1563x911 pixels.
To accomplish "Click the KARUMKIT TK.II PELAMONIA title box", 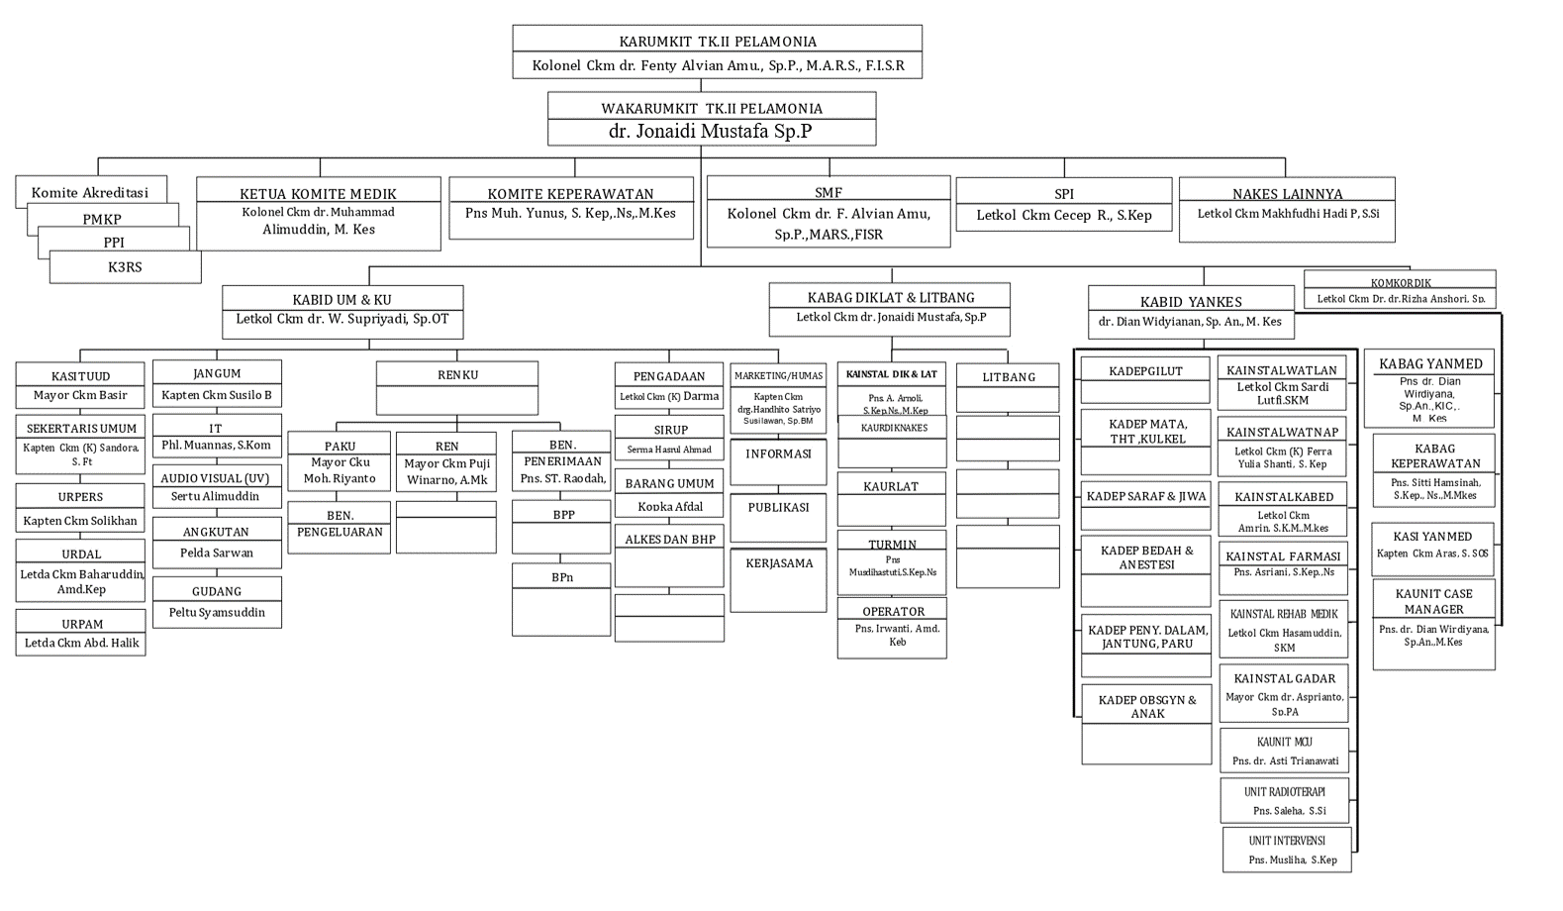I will (x=718, y=42).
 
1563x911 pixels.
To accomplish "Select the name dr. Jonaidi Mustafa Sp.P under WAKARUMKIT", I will (x=711, y=131).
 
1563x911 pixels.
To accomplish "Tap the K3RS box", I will (x=125, y=267).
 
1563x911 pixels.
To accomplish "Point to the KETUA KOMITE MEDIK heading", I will (x=318, y=194).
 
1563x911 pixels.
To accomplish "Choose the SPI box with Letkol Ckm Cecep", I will (x=1064, y=206).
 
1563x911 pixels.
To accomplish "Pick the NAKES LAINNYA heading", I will (x=1287, y=194).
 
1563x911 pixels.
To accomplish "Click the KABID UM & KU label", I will (x=342, y=299).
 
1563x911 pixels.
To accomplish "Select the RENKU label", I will (x=457, y=375).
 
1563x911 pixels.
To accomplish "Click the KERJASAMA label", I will (x=779, y=563).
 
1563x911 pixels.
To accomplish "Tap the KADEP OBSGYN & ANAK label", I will (x=1146, y=706).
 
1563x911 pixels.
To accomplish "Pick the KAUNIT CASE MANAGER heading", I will (x=1433, y=601).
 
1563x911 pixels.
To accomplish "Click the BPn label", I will (x=561, y=577).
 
